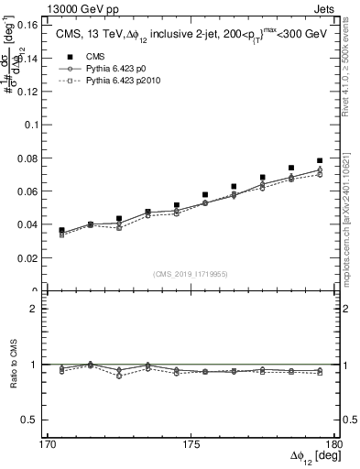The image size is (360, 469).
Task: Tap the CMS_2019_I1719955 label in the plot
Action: click(190, 273)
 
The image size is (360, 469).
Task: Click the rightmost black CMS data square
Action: click(320, 161)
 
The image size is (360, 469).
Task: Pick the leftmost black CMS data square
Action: click(61, 231)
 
